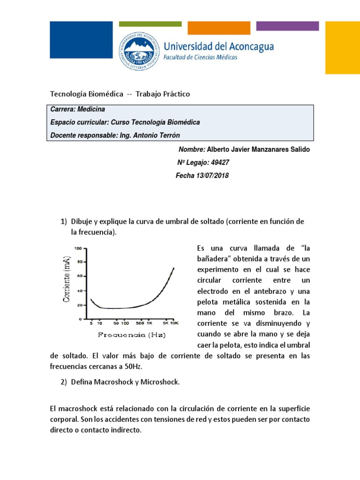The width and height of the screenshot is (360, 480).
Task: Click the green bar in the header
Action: [x=150, y=24]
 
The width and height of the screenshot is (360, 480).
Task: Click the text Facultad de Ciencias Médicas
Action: [x=200, y=57]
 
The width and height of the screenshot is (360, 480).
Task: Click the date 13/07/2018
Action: [x=209, y=176]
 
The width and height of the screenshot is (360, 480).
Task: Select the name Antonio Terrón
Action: [x=161, y=135]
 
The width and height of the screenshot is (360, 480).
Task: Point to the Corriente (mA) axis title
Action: [x=67, y=282]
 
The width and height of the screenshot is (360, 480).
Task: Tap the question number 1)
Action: [x=64, y=221]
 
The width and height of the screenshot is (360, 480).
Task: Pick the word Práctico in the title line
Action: [x=174, y=94]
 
